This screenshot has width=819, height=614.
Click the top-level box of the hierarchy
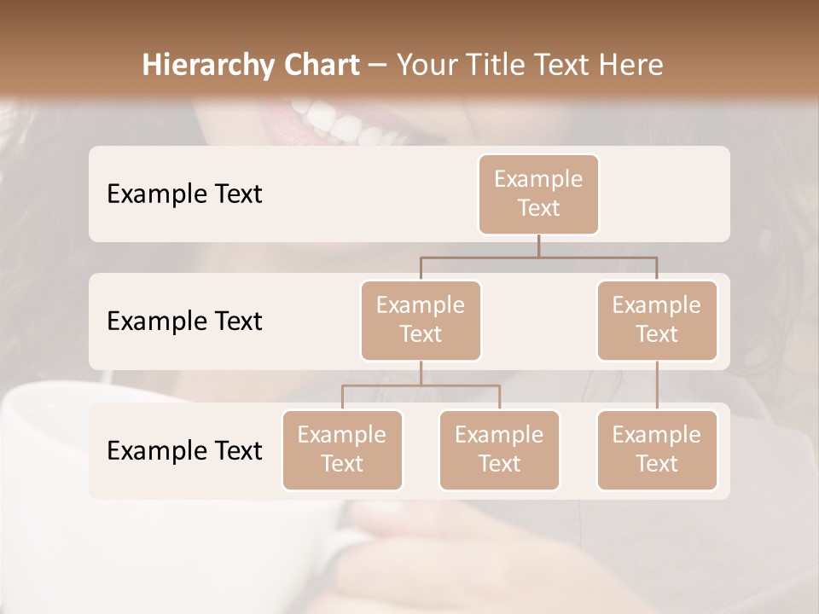click(538, 194)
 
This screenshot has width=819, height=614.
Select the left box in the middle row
click(421, 320)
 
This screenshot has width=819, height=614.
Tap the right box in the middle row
click(657, 320)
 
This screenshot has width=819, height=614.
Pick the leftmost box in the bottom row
click(342, 449)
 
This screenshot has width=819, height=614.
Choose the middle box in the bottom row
click(499, 449)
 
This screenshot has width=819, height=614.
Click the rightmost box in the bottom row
click(657, 449)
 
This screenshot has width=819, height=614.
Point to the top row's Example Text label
click(184, 194)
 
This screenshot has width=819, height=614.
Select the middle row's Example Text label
click(184, 321)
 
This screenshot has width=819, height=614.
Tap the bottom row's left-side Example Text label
click(184, 450)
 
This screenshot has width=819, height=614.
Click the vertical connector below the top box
click(538, 246)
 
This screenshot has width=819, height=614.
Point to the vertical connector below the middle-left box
click(421, 374)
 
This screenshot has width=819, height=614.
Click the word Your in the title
click(425, 65)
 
